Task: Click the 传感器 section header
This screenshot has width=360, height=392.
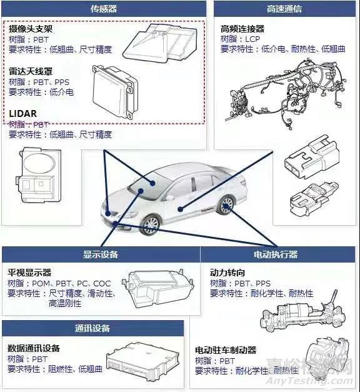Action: point(104,9)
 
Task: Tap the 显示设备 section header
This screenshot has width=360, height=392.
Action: point(101,254)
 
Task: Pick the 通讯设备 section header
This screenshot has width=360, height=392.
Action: point(92,328)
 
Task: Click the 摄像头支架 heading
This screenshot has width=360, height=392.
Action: point(31,29)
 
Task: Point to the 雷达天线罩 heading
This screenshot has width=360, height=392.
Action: point(31,72)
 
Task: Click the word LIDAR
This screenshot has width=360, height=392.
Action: point(22,114)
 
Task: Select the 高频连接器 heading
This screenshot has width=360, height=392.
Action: point(242,29)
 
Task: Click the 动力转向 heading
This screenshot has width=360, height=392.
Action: point(227,273)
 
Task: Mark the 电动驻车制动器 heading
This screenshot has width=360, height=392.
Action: point(226,350)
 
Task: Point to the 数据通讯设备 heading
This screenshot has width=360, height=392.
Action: point(34,348)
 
